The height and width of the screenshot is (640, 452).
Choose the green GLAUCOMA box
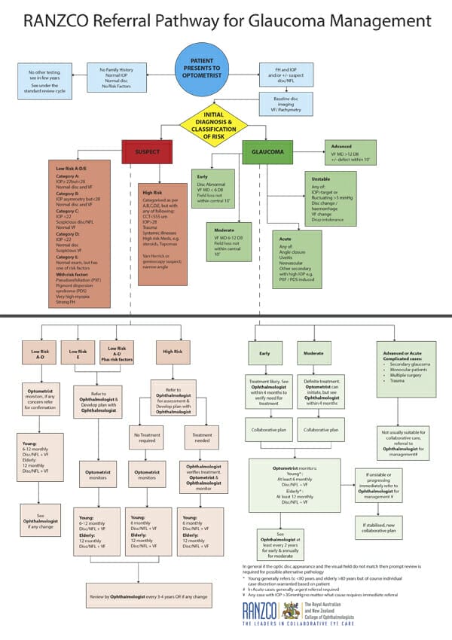[x=263, y=151]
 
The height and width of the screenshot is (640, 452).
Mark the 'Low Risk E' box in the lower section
[x=79, y=352]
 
